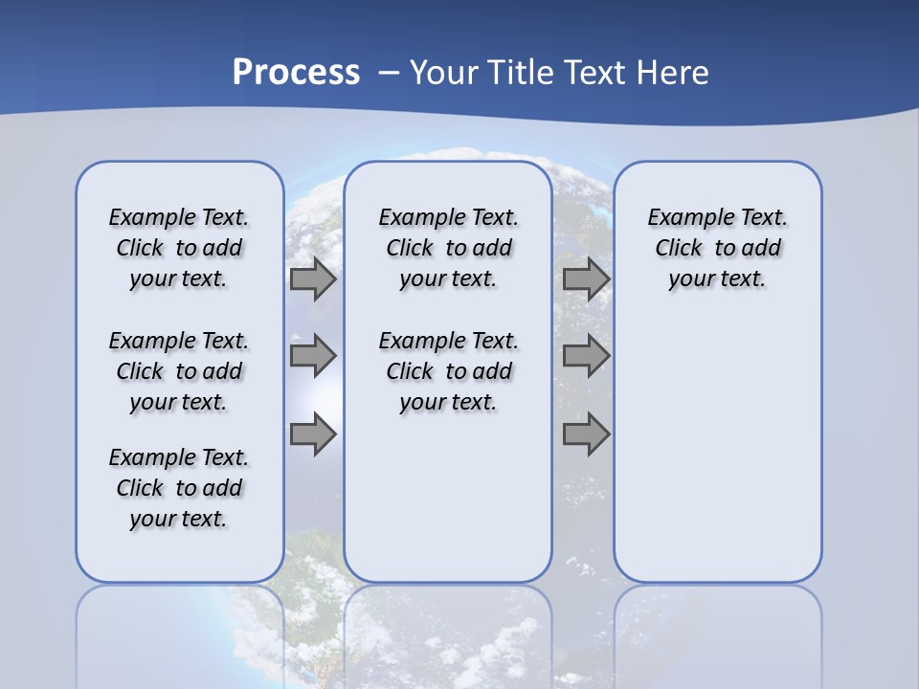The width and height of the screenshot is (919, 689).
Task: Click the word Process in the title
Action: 296,72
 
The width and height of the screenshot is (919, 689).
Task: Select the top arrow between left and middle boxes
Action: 313,279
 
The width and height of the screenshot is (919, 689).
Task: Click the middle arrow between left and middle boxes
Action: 313,356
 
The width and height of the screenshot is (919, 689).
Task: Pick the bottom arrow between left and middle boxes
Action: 313,434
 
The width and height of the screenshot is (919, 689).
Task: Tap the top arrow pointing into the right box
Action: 586,279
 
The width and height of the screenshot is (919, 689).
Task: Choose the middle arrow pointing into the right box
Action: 586,356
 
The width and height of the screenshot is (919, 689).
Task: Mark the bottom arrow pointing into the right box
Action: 586,434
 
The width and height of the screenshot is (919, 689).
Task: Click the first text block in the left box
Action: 179,248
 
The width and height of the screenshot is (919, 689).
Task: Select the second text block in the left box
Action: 179,371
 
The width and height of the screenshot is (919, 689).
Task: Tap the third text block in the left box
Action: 179,488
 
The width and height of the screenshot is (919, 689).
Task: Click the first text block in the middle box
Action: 449,248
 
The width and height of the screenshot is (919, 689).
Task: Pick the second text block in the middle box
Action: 449,371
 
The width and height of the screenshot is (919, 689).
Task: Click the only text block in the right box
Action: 718,248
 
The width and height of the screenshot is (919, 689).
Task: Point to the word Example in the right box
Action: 683,218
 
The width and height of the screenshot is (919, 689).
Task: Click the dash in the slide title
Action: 389,73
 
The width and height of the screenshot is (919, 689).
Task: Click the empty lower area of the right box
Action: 718,459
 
